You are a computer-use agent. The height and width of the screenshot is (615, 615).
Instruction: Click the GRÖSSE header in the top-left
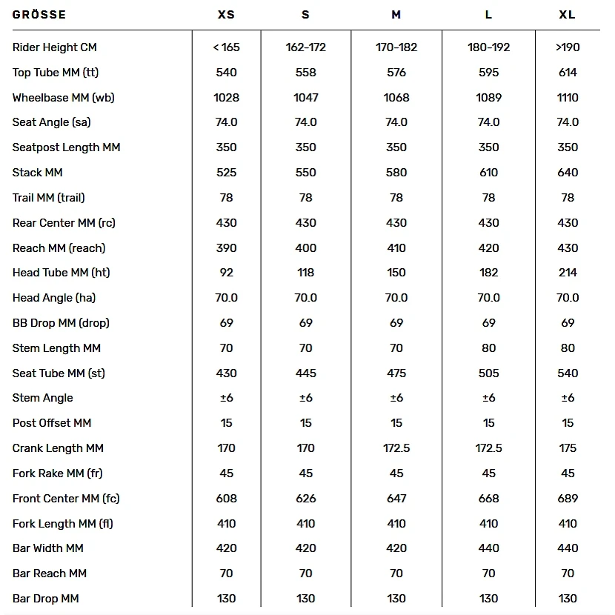[39, 15]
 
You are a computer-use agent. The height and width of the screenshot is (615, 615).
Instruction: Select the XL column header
[568, 15]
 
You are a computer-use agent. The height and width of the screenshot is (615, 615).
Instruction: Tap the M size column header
[396, 15]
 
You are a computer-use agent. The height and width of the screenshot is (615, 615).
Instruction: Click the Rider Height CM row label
[55, 47]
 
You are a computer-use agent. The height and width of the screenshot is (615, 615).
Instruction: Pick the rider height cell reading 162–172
[306, 47]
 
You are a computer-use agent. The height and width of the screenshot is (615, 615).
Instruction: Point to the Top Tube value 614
[568, 73]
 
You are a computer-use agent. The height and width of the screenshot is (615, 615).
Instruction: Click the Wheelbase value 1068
[396, 98]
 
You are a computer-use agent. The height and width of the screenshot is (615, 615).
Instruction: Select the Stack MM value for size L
[489, 173]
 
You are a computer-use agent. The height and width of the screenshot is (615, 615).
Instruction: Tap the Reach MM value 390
[227, 248]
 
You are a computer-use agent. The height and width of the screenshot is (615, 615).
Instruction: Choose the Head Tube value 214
[568, 273]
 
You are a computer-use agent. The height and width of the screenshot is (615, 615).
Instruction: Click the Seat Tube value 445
[306, 373]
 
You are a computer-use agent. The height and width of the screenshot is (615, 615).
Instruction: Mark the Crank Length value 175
[568, 448]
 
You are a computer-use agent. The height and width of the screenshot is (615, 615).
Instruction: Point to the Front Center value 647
[396, 499]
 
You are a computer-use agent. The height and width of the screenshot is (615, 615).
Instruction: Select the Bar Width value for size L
[489, 548]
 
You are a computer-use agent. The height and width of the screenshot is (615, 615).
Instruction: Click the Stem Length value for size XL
[568, 348]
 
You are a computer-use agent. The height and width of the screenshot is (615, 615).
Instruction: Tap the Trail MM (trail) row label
[49, 198]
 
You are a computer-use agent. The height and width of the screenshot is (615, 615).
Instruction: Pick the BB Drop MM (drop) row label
[61, 323]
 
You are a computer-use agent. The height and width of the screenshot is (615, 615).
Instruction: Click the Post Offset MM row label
[52, 423]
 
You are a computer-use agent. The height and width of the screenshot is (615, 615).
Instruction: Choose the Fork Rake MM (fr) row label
[58, 473]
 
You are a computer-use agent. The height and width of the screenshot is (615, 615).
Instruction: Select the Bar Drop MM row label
[46, 599]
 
